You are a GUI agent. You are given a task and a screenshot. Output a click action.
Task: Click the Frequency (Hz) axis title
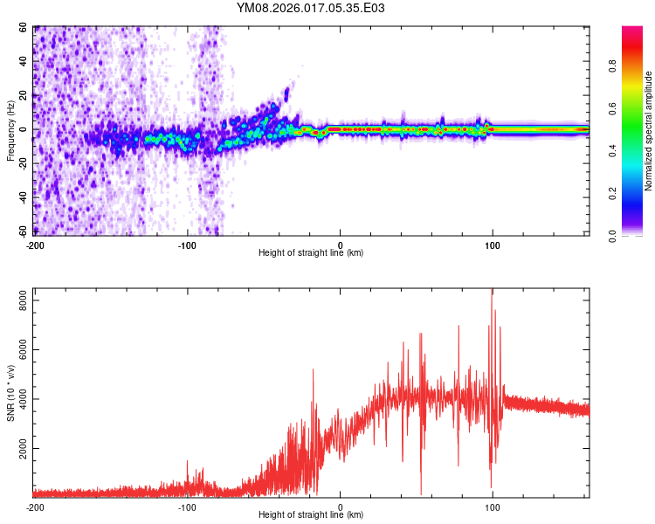10,131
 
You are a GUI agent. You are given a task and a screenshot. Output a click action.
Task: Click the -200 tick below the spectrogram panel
35,245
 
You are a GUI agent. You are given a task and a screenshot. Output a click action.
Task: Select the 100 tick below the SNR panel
493,507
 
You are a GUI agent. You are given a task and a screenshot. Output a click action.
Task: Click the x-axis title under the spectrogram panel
311,253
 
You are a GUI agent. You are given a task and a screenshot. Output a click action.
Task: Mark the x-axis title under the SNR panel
311,515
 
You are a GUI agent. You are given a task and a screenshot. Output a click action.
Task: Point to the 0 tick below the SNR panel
341,507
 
